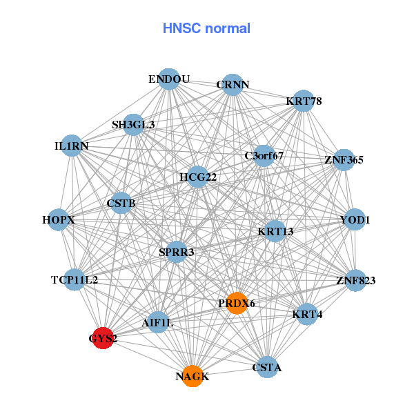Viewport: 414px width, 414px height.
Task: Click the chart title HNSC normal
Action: click(206, 28)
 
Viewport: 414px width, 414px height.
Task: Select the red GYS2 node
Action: click(103, 338)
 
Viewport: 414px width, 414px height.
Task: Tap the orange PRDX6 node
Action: click(237, 304)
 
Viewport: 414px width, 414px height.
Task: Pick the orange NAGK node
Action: click(193, 376)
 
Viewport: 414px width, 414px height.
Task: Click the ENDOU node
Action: click(168, 79)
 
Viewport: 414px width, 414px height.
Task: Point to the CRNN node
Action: click(233, 85)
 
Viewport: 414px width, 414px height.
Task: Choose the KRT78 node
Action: click(304, 101)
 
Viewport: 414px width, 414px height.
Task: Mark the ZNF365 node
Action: click(344, 159)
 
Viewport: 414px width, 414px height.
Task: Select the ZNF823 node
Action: click(355, 280)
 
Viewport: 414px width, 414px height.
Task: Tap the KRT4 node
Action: click(307, 314)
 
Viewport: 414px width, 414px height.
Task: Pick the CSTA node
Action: click(266, 367)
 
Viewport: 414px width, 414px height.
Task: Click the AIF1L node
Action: click(158, 322)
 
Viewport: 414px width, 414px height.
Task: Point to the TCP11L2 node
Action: click(75, 279)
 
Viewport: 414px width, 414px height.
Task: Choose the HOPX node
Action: click(58, 219)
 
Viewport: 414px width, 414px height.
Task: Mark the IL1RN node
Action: click(72, 146)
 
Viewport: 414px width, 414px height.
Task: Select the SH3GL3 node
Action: click(134, 125)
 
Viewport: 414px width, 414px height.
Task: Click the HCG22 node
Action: click(198, 177)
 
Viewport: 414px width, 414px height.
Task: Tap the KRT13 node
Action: click(275, 231)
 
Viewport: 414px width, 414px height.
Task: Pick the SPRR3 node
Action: click(177, 252)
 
